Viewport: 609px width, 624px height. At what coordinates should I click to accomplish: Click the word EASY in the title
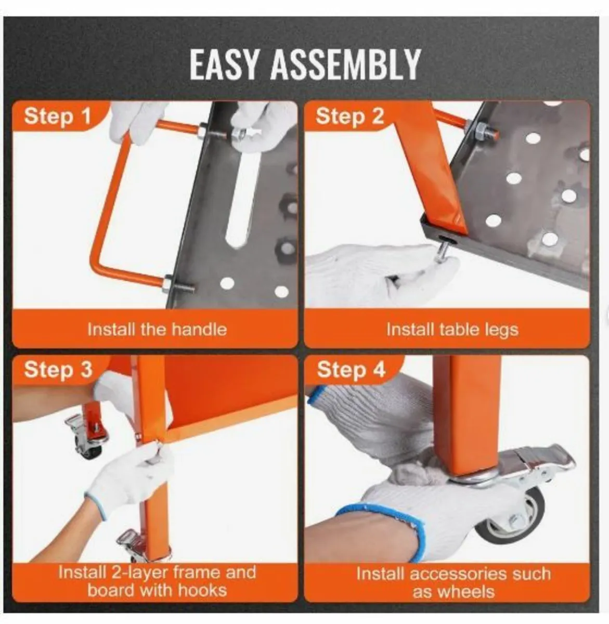tap(224, 65)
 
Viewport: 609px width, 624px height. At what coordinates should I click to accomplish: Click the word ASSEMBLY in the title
tap(345, 65)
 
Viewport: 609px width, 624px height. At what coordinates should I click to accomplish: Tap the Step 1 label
tap(58, 116)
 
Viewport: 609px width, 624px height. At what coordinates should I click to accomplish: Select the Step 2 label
tap(350, 116)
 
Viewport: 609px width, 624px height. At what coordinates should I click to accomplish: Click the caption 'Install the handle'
tap(157, 329)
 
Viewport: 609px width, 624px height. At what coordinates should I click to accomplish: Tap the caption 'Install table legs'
tap(452, 330)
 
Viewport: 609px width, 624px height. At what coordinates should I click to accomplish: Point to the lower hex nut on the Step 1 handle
tap(168, 283)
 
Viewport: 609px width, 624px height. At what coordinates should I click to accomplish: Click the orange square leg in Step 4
tap(467, 417)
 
